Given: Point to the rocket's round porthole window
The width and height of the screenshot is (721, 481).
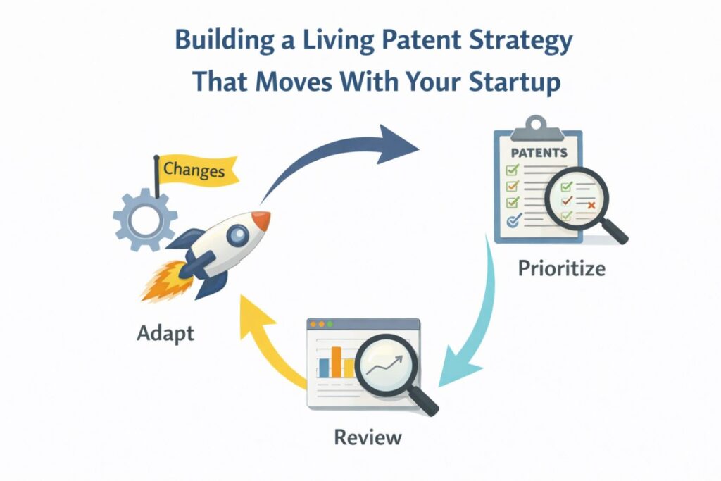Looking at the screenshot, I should click(238, 232).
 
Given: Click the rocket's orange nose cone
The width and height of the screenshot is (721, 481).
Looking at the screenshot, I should click(261, 221).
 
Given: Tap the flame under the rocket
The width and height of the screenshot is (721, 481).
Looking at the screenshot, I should click(163, 282).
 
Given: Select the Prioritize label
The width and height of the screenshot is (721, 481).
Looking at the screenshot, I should click(560, 268).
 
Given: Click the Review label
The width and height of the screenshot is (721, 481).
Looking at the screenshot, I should click(368, 437).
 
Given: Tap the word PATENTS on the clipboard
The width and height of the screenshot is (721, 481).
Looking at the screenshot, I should click(539, 152).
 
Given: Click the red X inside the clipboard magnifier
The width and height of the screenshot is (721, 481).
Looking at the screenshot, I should click(591, 204).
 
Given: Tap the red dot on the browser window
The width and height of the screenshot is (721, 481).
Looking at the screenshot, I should click(315, 325).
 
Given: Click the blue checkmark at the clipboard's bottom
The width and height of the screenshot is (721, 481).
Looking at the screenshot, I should click(513, 220).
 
